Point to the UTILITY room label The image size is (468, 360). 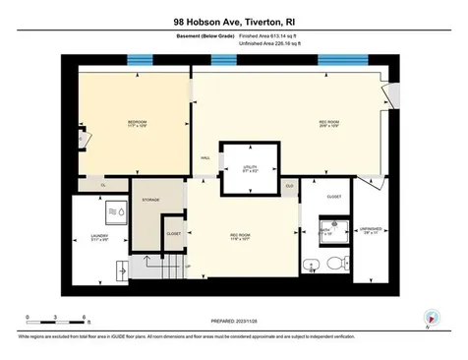[250, 168]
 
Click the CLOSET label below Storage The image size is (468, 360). [173, 234]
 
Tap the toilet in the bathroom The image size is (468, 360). [334, 262]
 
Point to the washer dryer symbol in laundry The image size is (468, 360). [117, 210]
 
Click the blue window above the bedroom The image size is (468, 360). [141, 61]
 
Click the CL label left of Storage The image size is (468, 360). [103, 184]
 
